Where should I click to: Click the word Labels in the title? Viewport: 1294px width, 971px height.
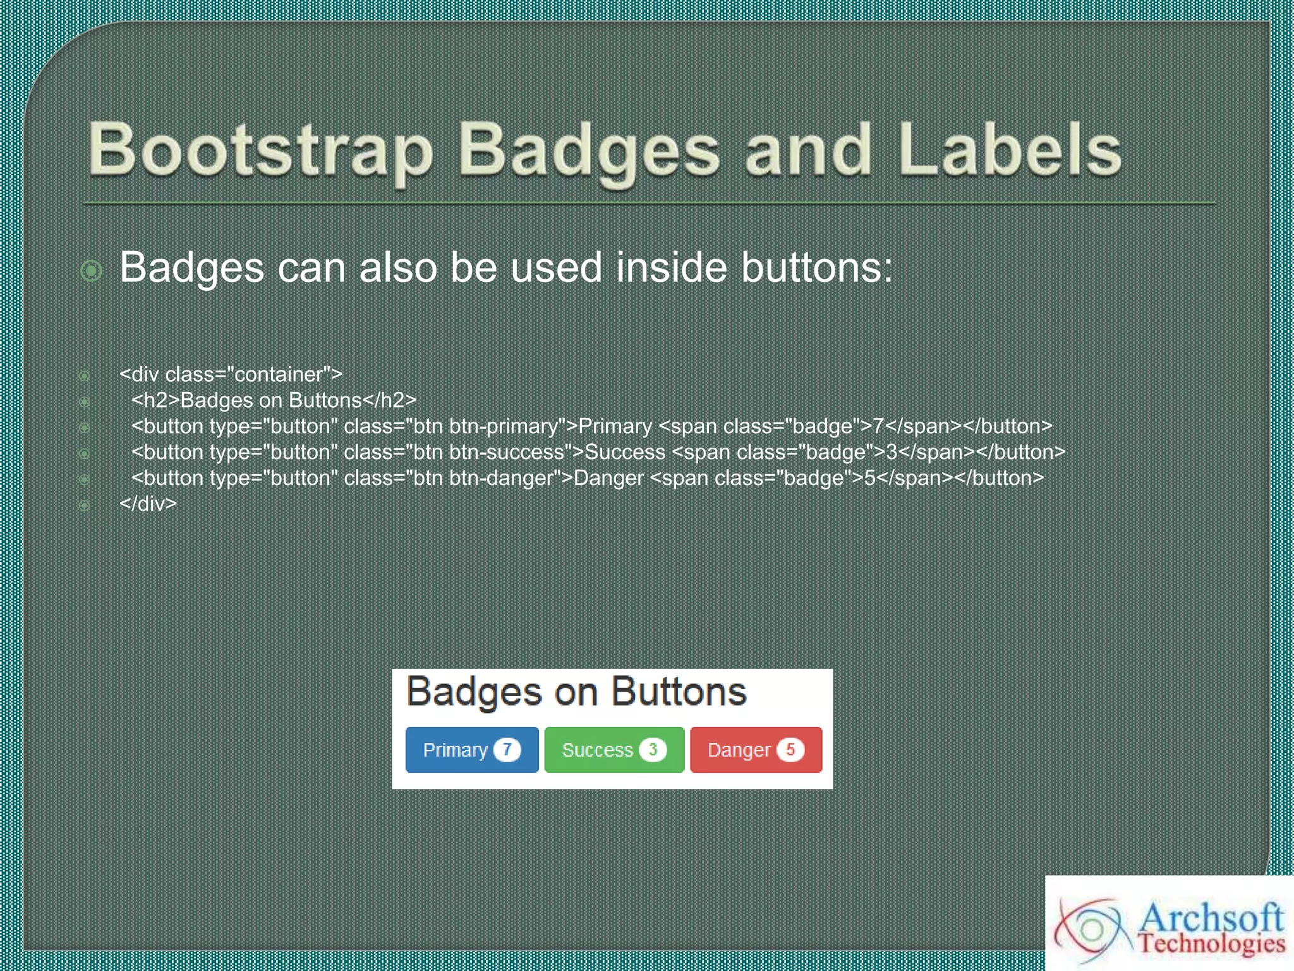pos(1009,150)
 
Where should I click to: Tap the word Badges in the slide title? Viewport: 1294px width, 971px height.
pos(588,150)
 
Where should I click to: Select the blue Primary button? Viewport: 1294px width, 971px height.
pos(471,750)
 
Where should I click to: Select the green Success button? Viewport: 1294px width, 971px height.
pos(614,750)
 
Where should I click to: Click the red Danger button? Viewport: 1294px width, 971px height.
pos(756,750)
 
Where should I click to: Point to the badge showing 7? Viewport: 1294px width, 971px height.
pos(507,750)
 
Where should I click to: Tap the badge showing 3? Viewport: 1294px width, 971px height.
pos(653,750)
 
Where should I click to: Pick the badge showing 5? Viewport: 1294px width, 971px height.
pos(790,750)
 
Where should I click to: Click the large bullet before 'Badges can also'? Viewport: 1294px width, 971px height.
pos(92,271)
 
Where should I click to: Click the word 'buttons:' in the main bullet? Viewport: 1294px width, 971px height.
pos(816,267)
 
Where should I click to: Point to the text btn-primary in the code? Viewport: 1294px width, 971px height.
pos(504,426)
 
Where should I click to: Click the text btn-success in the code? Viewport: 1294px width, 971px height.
pos(507,452)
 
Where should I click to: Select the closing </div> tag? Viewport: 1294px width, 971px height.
pos(148,504)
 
